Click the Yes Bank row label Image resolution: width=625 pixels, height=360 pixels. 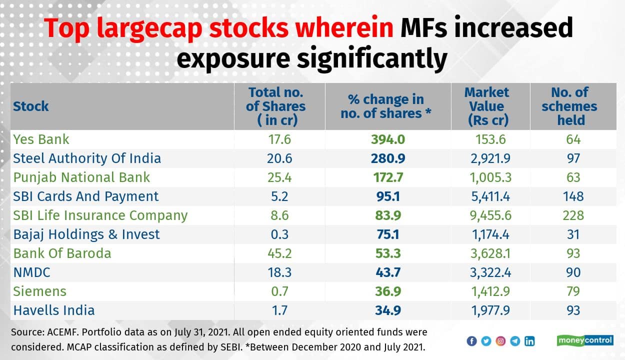41,139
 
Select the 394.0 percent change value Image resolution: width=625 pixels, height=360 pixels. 387,139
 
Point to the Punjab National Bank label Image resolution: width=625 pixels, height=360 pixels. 81,177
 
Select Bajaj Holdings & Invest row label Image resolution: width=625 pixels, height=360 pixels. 86,234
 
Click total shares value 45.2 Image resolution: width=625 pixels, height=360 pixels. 279,253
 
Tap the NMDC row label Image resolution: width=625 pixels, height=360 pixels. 31,272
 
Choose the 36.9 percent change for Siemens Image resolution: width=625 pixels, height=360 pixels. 387,291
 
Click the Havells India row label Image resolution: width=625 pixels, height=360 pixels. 54,310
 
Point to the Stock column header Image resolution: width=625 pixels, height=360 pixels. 31,106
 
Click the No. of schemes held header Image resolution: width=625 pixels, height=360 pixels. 569,106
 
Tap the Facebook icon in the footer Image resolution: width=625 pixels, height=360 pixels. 471,341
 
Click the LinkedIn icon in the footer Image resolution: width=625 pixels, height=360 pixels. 529,341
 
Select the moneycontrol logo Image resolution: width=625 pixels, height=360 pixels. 584,340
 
